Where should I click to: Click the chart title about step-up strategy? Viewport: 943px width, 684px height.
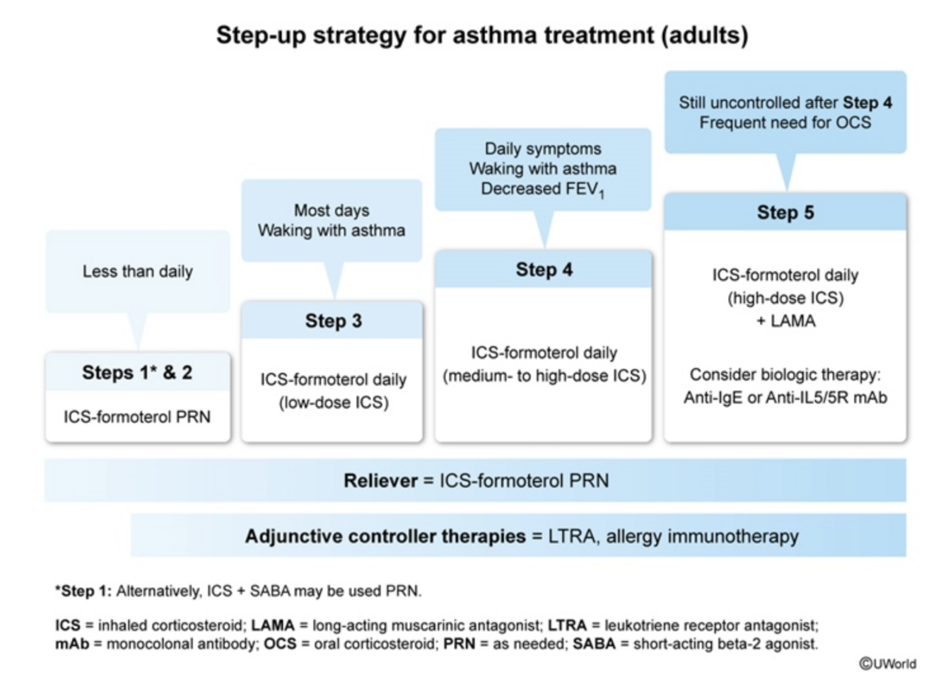(481, 35)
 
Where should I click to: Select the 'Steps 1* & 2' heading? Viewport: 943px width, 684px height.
(137, 373)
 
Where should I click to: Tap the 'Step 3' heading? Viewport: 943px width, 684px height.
(333, 321)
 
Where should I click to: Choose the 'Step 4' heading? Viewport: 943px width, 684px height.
(544, 269)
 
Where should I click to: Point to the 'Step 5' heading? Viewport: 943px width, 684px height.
(785, 212)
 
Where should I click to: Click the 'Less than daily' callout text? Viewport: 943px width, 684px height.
(137, 272)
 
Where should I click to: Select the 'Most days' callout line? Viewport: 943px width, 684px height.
(332, 211)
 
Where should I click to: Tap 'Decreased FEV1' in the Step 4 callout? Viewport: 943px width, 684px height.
(542, 190)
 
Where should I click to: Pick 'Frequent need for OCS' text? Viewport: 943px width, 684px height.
(785, 123)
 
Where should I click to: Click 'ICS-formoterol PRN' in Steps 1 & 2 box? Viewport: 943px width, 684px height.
(137, 417)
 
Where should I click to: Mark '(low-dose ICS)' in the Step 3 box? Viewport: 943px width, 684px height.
(333, 403)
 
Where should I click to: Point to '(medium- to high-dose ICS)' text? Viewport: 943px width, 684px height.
(544, 376)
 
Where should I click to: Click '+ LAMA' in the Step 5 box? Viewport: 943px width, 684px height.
(785, 321)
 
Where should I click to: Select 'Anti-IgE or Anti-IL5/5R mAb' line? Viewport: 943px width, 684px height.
(785, 398)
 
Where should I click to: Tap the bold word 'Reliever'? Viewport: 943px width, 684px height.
(380, 481)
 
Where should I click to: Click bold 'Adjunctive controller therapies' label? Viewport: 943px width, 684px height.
(385, 537)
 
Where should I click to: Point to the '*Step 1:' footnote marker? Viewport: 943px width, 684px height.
(83, 591)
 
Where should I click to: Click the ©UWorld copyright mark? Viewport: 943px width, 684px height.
(887, 663)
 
